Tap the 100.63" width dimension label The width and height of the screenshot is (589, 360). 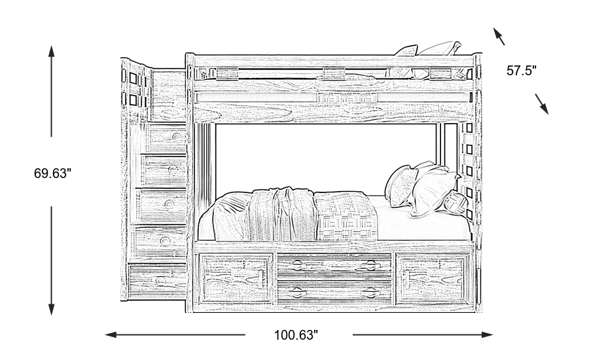click(x=296, y=335)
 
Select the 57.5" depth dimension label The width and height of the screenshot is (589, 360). click(x=522, y=70)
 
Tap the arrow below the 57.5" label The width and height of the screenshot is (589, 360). click(x=542, y=103)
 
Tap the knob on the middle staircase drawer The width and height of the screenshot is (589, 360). click(x=169, y=204)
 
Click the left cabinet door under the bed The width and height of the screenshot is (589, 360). click(x=236, y=278)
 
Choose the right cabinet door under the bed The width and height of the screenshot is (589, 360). click(x=434, y=278)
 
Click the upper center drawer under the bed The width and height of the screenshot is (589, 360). click(x=335, y=266)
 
